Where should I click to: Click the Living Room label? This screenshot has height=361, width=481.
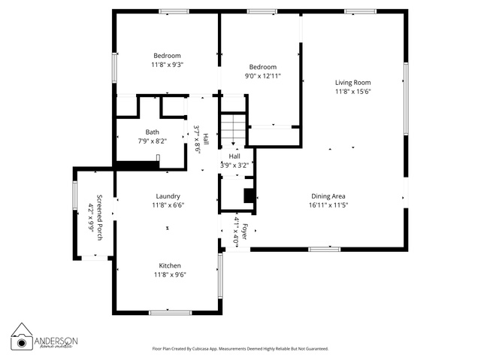click(352, 82)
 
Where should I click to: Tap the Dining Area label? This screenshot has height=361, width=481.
click(328, 196)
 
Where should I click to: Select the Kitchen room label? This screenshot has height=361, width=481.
click(170, 265)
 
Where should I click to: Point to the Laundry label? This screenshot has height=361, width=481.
click(168, 196)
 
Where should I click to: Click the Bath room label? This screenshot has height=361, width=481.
click(152, 132)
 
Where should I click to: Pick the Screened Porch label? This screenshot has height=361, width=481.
click(99, 217)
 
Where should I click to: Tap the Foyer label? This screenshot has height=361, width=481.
click(244, 232)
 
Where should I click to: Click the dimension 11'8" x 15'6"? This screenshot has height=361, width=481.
click(353, 92)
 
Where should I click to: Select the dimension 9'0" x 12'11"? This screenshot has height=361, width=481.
click(263, 76)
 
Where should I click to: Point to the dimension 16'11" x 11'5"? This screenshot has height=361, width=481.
click(328, 205)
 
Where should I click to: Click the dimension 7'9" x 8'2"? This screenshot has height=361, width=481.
click(152, 141)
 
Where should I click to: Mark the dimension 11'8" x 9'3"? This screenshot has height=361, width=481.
click(167, 65)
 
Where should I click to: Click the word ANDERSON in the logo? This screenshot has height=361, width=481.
click(56, 341)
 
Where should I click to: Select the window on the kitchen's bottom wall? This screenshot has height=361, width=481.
click(171, 313)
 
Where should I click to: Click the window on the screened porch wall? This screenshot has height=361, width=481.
click(75, 196)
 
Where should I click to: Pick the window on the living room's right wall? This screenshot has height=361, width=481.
click(406, 99)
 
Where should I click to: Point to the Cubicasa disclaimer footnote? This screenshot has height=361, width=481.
click(240, 349)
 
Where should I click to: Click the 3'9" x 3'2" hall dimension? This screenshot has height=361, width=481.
click(234, 165)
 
